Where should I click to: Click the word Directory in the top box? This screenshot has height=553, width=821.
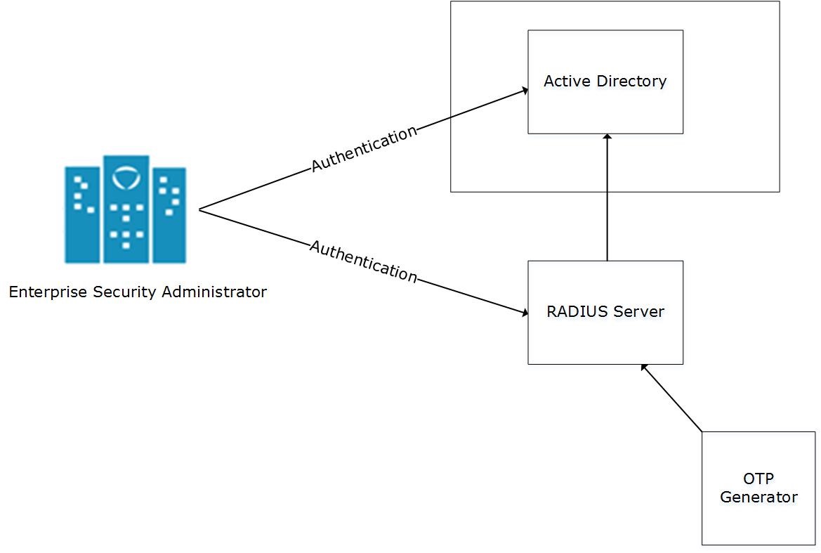pos(631,82)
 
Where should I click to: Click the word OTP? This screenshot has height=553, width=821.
pos(758,479)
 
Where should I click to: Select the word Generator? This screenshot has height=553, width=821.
pos(758,497)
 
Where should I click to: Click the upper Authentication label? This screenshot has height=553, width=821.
pos(364,148)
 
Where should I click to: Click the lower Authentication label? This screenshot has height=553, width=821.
pos(363,261)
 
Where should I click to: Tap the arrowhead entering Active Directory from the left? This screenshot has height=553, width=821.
pos(524,91)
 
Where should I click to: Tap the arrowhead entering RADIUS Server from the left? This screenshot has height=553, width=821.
pos(524,313)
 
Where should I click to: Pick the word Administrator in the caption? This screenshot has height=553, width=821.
pos(214,292)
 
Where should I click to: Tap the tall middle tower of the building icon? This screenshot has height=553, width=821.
pos(126,211)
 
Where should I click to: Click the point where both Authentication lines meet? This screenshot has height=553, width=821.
pos(200,209)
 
